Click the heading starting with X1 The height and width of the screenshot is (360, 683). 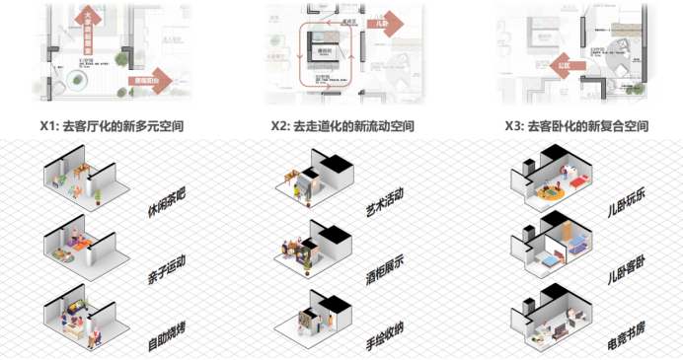(111, 127)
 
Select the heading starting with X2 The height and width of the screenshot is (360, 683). (341, 127)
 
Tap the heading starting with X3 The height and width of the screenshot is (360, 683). (575, 127)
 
